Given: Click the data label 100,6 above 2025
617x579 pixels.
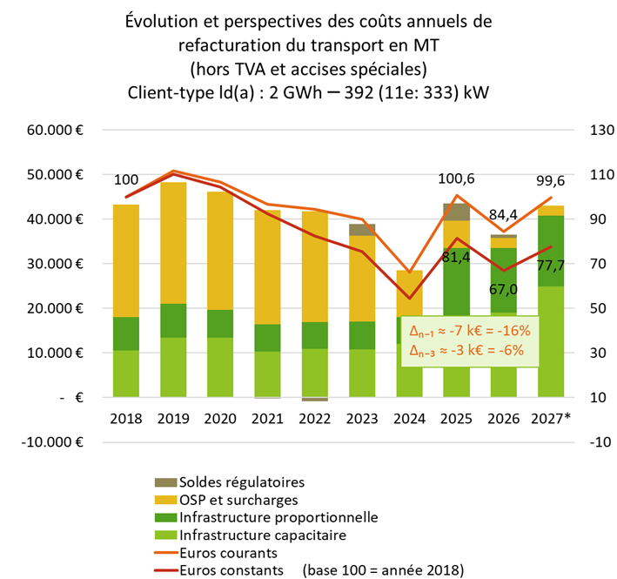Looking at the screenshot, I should [456, 179].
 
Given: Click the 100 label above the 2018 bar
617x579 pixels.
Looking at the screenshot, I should [127, 179].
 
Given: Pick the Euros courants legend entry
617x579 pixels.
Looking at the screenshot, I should [230, 552].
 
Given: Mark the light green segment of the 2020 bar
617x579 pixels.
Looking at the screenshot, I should [221, 367].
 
